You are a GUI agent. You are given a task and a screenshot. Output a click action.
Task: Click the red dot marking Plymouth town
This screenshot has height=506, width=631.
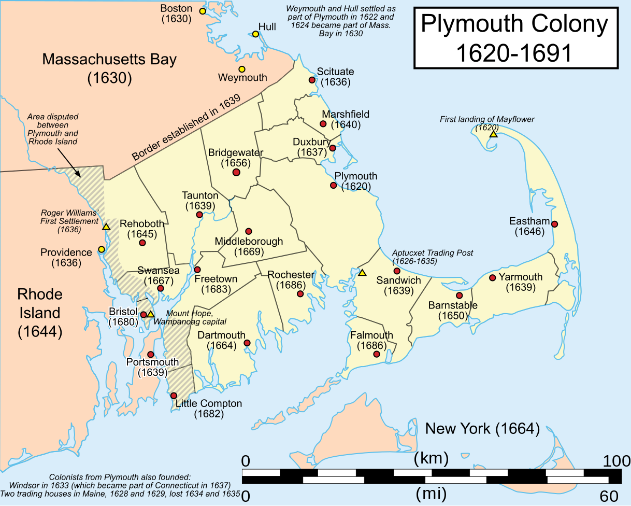pos(333,185)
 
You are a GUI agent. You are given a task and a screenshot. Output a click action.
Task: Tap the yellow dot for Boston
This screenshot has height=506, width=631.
pos(203,11)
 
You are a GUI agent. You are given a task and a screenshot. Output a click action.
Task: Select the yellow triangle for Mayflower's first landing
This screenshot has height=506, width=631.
pos(493,134)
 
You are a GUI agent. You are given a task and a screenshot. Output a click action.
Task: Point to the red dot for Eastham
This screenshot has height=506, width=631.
pos(554,224)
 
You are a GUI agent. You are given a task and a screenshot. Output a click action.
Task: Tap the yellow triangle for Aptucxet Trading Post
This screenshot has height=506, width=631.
pos(363,273)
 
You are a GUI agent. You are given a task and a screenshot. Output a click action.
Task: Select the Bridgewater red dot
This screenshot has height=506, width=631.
pos(236,172)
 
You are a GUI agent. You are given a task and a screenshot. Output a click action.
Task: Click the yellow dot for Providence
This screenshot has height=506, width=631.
pos(102,249)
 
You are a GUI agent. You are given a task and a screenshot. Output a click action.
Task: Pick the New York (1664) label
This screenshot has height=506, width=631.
pos(482,429)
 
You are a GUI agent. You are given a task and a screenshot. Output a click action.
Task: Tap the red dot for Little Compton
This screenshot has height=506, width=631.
pos(174,396)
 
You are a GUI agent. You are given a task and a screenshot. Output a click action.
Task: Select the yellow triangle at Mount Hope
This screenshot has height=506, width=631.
pos(150,314)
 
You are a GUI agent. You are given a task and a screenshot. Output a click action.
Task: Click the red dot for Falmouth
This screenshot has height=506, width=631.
pos(377,354)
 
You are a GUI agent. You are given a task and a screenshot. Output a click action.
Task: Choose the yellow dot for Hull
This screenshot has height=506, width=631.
pos(255,34)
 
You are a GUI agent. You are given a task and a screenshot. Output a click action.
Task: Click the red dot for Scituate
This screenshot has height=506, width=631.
pos(312,80)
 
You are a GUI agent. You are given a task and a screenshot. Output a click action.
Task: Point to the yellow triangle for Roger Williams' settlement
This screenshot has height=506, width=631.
pos(106,227)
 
